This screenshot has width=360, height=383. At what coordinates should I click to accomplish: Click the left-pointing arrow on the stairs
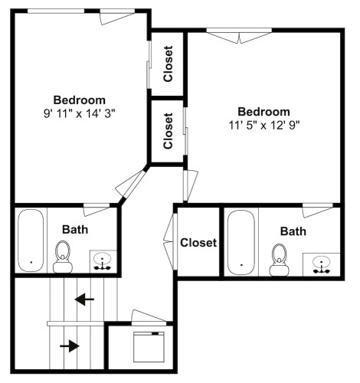[x=84, y=300]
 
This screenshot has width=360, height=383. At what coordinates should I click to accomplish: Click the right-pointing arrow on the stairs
[x=70, y=346]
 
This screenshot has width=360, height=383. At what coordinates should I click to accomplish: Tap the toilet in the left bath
[x=63, y=257]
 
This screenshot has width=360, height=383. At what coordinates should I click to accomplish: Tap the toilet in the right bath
[x=280, y=260]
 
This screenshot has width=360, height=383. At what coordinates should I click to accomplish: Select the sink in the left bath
[x=103, y=261]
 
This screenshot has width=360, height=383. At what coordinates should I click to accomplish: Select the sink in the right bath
[x=321, y=264]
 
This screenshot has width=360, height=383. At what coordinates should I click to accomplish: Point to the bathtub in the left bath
[x=31, y=241]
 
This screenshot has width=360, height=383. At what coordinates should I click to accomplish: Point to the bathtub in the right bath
[x=241, y=243]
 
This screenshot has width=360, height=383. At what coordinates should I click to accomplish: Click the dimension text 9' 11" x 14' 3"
[x=80, y=113]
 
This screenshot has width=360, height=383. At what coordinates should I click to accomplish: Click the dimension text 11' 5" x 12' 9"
[x=263, y=125]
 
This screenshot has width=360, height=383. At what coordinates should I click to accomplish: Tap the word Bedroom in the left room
[x=80, y=100]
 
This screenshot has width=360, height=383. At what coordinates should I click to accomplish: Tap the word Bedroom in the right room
[x=263, y=112]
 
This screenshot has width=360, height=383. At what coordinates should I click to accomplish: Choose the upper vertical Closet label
[x=168, y=64]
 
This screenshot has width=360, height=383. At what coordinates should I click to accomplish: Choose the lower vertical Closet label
[x=168, y=131]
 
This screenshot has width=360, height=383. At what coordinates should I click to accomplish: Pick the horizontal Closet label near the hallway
[x=198, y=243]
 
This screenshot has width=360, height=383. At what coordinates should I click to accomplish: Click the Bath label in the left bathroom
[x=75, y=230]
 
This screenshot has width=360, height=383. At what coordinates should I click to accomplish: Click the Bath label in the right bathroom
[x=293, y=231]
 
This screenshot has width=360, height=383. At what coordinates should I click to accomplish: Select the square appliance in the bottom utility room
[x=149, y=347]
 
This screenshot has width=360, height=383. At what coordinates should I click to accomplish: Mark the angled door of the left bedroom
[x=130, y=185]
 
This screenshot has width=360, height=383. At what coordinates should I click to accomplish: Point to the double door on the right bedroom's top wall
[x=239, y=37]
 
